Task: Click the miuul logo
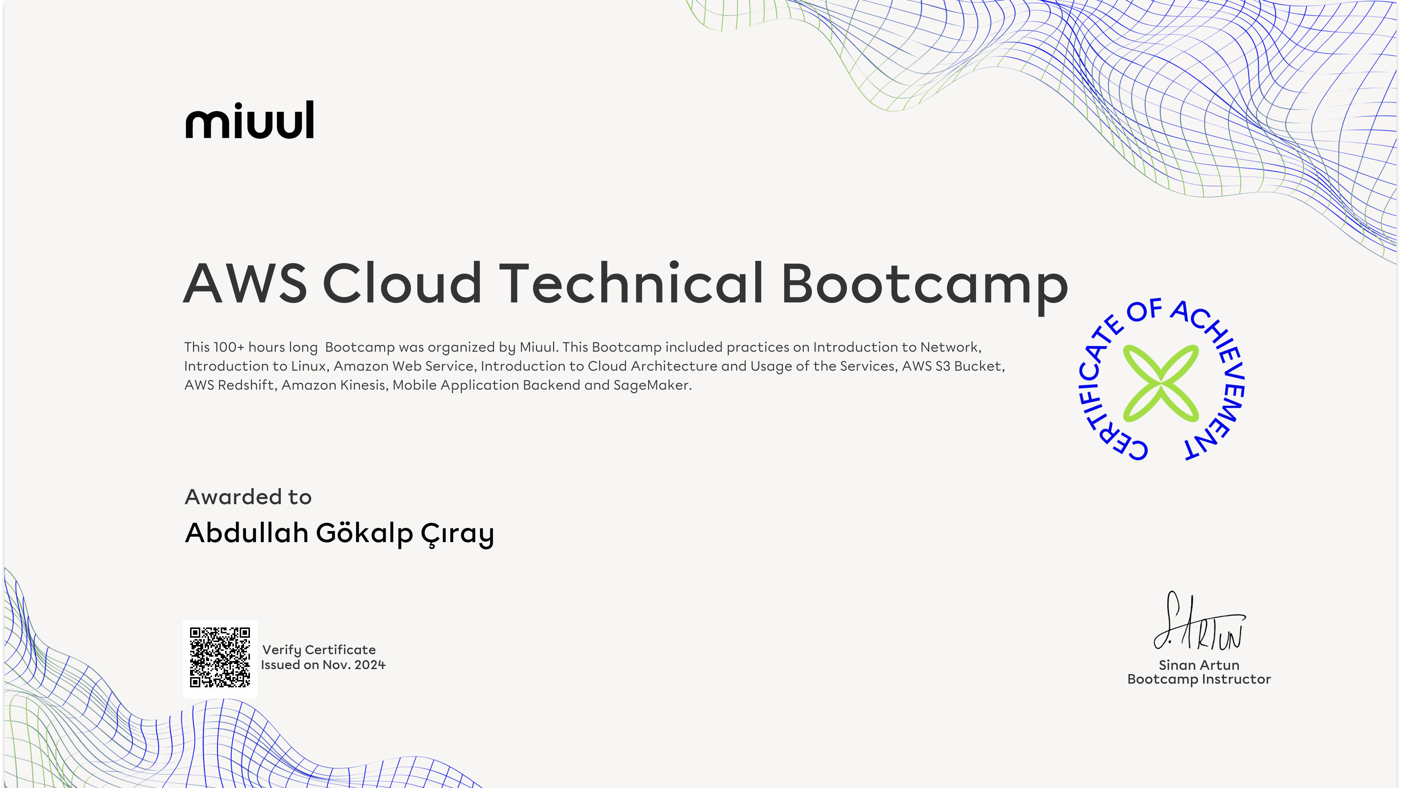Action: point(250,120)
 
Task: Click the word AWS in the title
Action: point(245,283)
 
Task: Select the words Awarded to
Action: point(248,497)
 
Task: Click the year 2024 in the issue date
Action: point(370,665)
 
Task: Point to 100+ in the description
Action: point(229,347)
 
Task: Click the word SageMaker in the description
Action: point(653,385)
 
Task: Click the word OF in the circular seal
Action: point(1144,310)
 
